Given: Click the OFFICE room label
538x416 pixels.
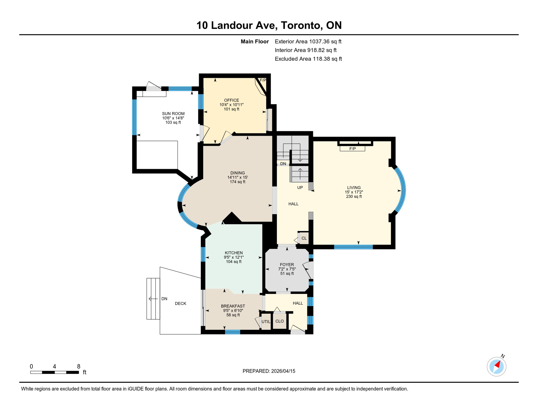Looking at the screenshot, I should click(x=231, y=100).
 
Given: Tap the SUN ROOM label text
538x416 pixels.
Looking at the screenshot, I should click(x=173, y=113).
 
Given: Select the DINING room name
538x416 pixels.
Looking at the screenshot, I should click(x=237, y=173).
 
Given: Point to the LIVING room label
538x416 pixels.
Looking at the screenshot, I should click(x=354, y=187).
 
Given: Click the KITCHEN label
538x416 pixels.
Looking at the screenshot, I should click(x=234, y=253).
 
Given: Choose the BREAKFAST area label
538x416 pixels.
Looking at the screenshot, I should click(x=233, y=306).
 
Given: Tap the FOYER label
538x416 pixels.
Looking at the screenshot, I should click(x=287, y=265).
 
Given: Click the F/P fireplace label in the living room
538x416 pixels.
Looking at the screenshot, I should click(x=352, y=149).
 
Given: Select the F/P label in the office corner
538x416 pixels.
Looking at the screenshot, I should click(x=263, y=80).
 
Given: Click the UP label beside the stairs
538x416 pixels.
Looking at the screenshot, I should click(x=300, y=187).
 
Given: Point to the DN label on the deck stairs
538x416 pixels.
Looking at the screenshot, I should click(x=164, y=299).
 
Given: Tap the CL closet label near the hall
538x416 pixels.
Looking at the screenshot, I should click(x=304, y=238).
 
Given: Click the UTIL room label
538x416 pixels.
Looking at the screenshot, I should click(x=266, y=322).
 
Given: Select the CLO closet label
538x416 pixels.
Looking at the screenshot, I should click(x=279, y=321).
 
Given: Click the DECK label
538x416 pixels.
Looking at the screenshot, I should click(x=181, y=303).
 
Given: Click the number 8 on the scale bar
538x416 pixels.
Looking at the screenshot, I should click(x=78, y=366).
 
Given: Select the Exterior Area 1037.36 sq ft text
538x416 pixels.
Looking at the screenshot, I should click(x=308, y=41).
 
